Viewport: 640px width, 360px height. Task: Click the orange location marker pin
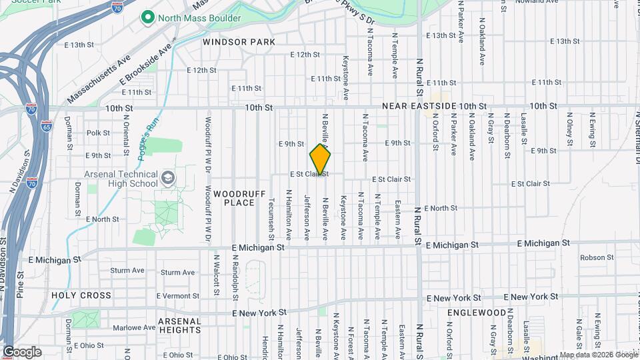pyautogui.click(x=320, y=161)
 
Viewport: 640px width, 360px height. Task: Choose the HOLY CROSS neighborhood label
pyautogui.click(x=81, y=295)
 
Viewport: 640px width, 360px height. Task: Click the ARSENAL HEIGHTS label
pyautogui.click(x=179, y=325)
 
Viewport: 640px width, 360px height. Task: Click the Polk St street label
pyautogui.click(x=98, y=133)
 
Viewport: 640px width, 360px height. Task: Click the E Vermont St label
pyautogui.click(x=178, y=295)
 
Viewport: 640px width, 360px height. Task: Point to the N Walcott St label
pyautogui.click(x=217, y=273)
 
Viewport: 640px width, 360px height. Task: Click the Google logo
pyautogui.click(x=22, y=351)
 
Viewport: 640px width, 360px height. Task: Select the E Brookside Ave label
pyautogui.click(x=146, y=66)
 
